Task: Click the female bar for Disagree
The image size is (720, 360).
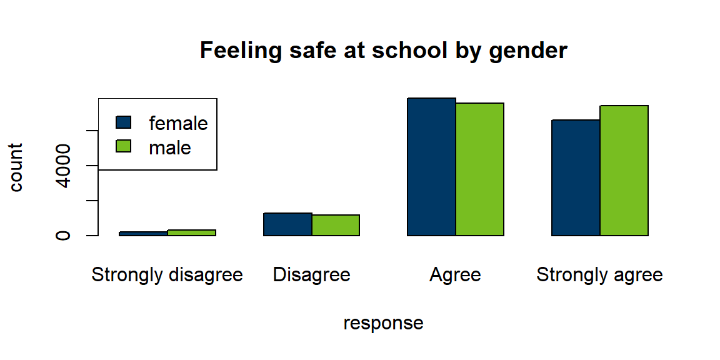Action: pos(287,224)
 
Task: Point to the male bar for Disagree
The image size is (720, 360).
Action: pos(336,226)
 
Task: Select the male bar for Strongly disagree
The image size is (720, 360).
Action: pos(191,232)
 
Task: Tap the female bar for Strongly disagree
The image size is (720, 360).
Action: pos(143,234)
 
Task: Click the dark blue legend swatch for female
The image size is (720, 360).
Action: pos(124,122)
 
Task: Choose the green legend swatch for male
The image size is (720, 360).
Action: pos(124,146)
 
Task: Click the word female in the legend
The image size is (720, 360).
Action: pos(178,123)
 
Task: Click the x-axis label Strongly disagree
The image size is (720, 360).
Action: pos(167,275)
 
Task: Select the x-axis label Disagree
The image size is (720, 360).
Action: pos(311,275)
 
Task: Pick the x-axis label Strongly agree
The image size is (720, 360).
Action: pos(599,275)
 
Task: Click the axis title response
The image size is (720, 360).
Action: pos(383,323)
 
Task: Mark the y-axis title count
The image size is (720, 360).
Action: pos(16,167)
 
